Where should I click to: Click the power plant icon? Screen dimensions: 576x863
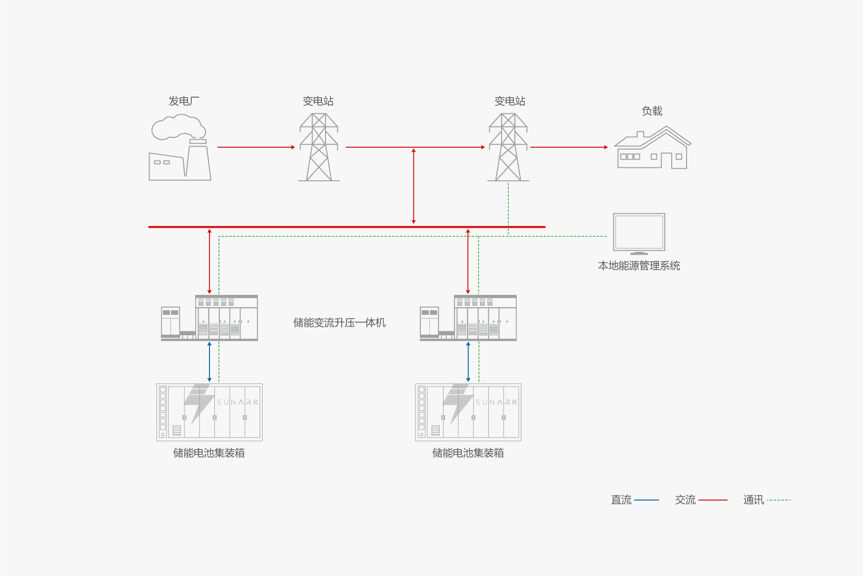[180, 158]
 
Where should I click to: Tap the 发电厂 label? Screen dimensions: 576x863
[184, 101]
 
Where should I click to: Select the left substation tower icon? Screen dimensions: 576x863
[319, 147]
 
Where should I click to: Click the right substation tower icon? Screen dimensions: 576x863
[508, 147]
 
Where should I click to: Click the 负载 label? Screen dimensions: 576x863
[652, 111]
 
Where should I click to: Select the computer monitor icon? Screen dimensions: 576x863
[639, 233]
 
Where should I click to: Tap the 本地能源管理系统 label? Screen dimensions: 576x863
[639, 266]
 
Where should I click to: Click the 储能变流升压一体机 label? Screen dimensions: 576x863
[339, 323]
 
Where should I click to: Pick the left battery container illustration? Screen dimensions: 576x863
[209, 412]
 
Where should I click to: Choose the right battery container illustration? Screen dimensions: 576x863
[468, 412]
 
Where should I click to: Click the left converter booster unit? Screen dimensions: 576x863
[209, 318]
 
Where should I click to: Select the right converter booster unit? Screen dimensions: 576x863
[468, 318]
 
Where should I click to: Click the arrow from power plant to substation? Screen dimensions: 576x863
[256, 147]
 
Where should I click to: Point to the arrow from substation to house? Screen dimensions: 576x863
[569, 147]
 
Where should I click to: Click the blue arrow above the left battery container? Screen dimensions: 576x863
[209, 362]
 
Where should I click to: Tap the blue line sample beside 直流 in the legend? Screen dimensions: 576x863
[647, 500]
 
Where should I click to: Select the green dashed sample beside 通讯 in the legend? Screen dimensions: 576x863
[778, 500]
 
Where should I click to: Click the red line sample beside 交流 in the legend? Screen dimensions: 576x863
[713, 500]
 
